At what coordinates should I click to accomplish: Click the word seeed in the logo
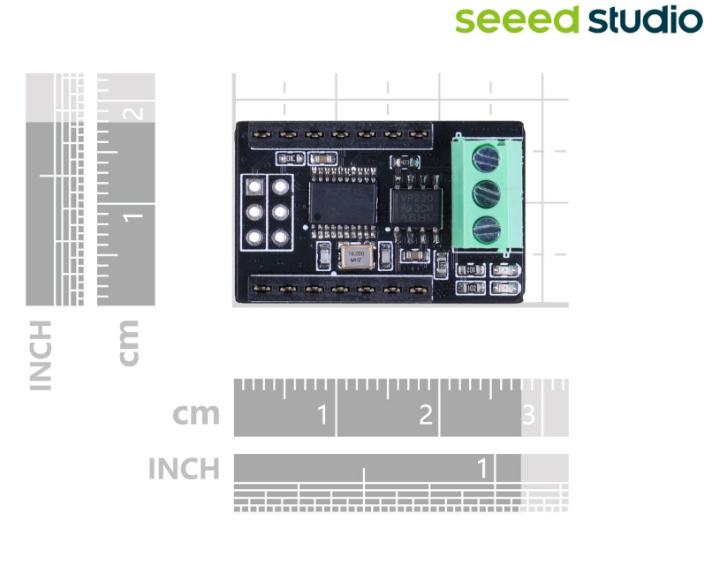click(517, 19)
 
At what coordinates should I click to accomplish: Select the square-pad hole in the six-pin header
click(254, 187)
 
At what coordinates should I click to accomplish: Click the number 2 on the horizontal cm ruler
click(426, 415)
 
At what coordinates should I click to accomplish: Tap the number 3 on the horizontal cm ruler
click(529, 415)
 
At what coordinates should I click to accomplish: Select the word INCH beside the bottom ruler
click(184, 468)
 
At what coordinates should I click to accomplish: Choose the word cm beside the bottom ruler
click(195, 414)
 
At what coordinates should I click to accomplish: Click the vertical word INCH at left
click(41, 355)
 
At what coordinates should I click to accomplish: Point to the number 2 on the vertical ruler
click(133, 112)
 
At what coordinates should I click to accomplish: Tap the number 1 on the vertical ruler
click(133, 215)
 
